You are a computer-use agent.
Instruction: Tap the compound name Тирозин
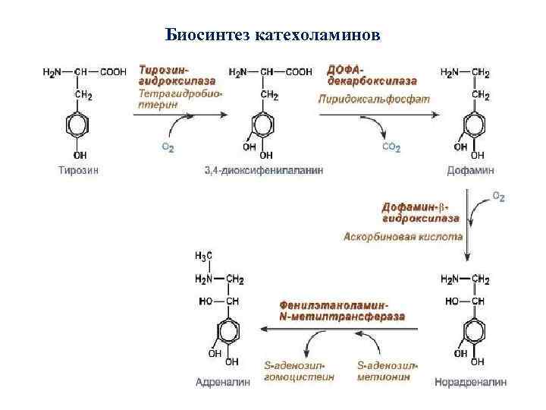point(79,170)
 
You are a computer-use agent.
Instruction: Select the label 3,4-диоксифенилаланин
point(264,170)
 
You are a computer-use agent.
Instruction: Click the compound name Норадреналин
point(470,382)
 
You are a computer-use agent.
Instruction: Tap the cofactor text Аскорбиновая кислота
point(402,236)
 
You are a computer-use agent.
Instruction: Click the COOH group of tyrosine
point(113,73)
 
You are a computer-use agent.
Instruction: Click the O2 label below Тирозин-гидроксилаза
point(167,148)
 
